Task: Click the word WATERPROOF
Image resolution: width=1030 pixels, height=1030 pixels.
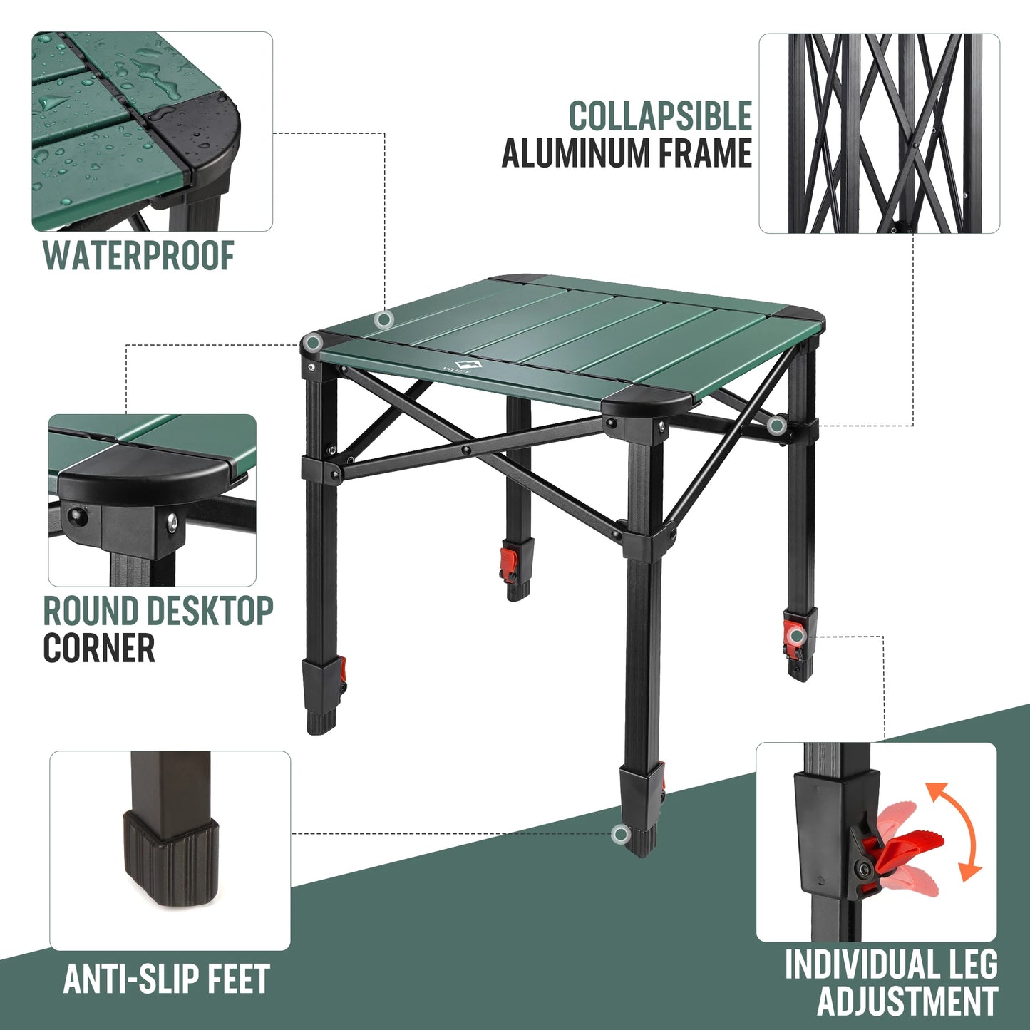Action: [x=138, y=256]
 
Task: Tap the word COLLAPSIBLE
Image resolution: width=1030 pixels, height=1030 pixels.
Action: [x=660, y=116]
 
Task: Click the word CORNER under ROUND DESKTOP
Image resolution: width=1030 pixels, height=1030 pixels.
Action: [x=99, y=648]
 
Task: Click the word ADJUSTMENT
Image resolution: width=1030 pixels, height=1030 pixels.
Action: [x=907, y=1001]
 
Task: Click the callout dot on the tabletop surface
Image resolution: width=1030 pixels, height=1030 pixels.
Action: [x=384, y=319]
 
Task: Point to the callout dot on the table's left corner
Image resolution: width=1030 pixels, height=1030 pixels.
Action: [x=311, y=344]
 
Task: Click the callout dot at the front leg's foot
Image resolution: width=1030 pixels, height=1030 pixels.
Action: [x=621, y=834]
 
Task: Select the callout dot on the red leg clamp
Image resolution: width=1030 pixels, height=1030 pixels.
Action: [x=796, y=634]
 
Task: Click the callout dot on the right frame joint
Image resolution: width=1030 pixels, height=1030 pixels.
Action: [x=777, y=426]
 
